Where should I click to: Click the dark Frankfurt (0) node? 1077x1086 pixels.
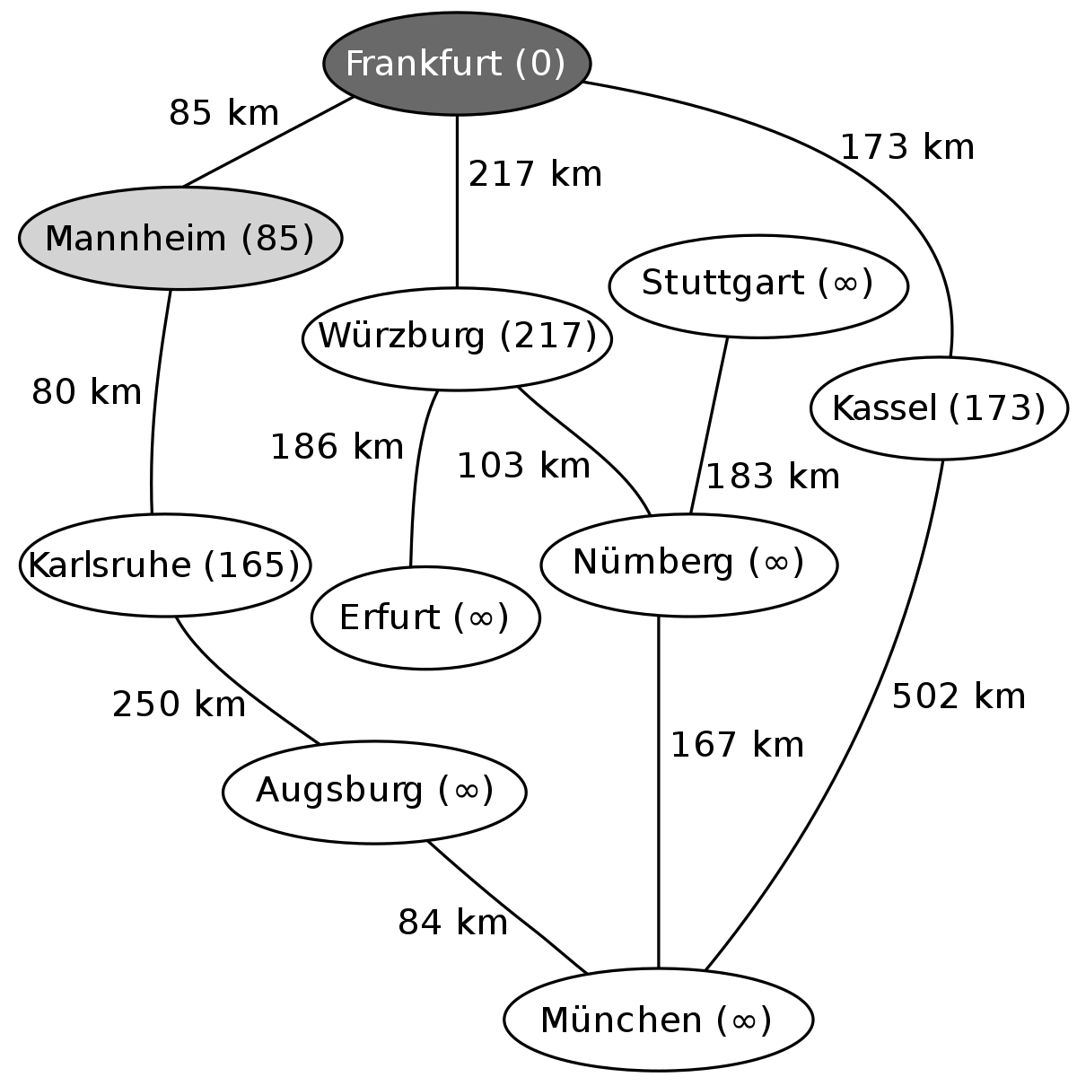[x=457, y=63]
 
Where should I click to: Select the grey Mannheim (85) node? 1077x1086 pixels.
[x=180, y=238]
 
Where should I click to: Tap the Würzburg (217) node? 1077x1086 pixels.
[x=457, y=338]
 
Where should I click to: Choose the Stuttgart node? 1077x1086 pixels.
[x=758, y=286]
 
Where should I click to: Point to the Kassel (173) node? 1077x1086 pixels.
[x=939, y=408]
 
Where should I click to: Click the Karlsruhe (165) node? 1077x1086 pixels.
[x=164, y=565]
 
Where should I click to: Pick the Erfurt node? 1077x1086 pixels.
[x=425, y=617]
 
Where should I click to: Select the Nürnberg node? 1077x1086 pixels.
[x=688, y=565]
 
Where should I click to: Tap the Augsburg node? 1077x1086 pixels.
[x=374, y=792]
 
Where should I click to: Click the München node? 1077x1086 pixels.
[x=658, y=1020]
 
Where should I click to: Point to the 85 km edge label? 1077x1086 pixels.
[x=223, y=113]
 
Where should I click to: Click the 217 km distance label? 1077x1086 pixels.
[x=535, y=173]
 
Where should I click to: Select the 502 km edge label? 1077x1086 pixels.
[x=959, y=696]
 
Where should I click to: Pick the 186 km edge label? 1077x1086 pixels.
[x=337, y=447]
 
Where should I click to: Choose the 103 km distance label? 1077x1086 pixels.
[x=523, y=466]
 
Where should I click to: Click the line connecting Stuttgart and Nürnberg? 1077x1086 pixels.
[x=709, y=426]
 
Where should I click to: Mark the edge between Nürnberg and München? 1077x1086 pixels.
[x=658, y=793]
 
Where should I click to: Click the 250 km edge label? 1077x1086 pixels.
[x=179, y=705]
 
